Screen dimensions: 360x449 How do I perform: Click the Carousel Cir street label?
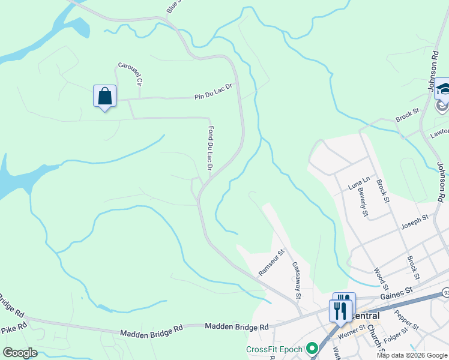click(x=130, y=74)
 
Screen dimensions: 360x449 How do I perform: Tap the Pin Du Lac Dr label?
click(x=212, y=92)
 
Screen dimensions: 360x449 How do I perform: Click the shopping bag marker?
click(x=105, y=97)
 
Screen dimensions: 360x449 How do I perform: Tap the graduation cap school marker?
click(x=444, y=89)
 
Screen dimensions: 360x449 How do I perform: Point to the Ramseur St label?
click(x=270, y=262)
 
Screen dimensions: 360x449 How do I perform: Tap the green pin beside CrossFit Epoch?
click(x=312, y=348)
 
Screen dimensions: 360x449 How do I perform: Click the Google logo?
click(x=20, y=353)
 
